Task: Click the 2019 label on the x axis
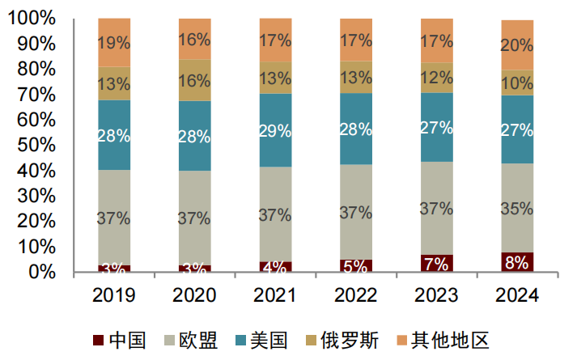point(114,296)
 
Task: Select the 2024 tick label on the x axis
point(516,296)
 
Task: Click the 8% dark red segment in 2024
point(516,263)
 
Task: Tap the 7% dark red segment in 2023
point(436,264)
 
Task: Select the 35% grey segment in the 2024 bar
point(516,208)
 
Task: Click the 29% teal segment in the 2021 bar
point(275,130)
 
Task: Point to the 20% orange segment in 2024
point(516,45)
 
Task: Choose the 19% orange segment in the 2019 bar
point(114,42)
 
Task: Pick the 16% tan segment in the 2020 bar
point(194,80)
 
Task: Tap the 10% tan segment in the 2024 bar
point(516,83)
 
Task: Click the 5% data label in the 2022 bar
point(356,265)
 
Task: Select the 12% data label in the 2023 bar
point(436,78)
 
